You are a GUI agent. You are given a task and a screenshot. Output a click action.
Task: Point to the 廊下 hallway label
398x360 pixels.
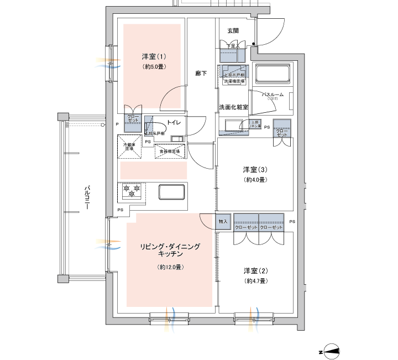click(x=201, y=73)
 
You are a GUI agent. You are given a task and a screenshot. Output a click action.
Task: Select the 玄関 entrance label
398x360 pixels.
click(x=233, y=27)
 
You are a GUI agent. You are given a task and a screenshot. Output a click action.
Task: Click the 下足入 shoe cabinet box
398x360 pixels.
click(x=233, y=55)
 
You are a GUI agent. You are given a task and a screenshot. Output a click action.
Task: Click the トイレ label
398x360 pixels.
click(x=174, y=122)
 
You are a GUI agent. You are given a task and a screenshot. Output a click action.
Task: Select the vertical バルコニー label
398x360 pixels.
click(x=87, y=196)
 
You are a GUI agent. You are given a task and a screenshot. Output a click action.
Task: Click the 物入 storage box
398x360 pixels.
click(x=223, y=222)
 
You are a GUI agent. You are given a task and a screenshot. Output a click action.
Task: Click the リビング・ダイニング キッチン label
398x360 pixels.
click(x=170, y=249)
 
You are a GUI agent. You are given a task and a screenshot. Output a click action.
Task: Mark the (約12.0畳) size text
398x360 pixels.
click(x=170, y=267)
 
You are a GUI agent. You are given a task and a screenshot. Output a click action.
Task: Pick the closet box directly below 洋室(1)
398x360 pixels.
click(x=133, y=123)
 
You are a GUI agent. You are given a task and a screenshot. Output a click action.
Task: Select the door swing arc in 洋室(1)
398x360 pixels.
click(x=169, y=98)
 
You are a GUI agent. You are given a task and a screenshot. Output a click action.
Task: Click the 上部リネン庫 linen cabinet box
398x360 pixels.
click(x=255, y=125)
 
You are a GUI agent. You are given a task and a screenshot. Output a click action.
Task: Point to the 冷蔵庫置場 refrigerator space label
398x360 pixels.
click(x=129, y=146)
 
